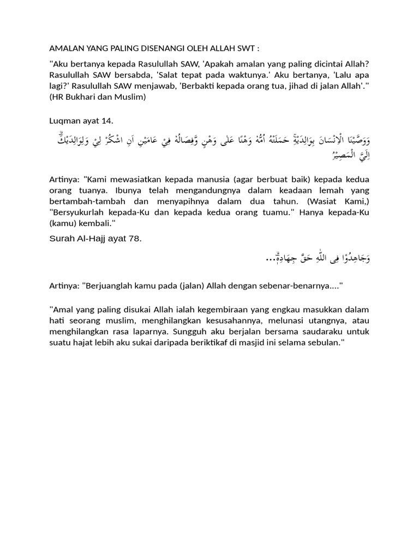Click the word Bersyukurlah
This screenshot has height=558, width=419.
tap(83, 213)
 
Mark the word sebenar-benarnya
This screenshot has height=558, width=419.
tap(303, 285)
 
